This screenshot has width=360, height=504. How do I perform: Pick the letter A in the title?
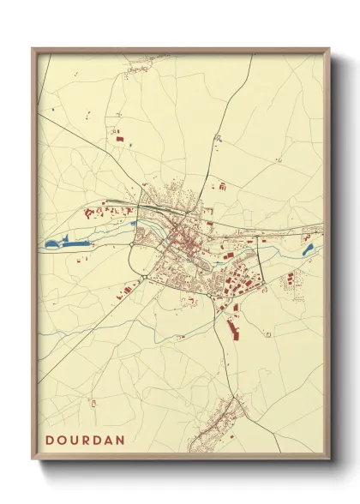[111, 440]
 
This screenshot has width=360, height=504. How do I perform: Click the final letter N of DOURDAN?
[123, 440]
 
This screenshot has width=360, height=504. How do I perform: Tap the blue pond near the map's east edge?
[308, 249]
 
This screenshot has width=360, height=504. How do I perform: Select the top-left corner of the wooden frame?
[33, 50]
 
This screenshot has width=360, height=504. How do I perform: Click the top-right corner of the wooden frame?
[329, 50]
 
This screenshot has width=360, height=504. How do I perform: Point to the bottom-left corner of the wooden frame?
[33, 458]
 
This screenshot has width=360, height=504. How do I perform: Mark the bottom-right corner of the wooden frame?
[329, 458]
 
